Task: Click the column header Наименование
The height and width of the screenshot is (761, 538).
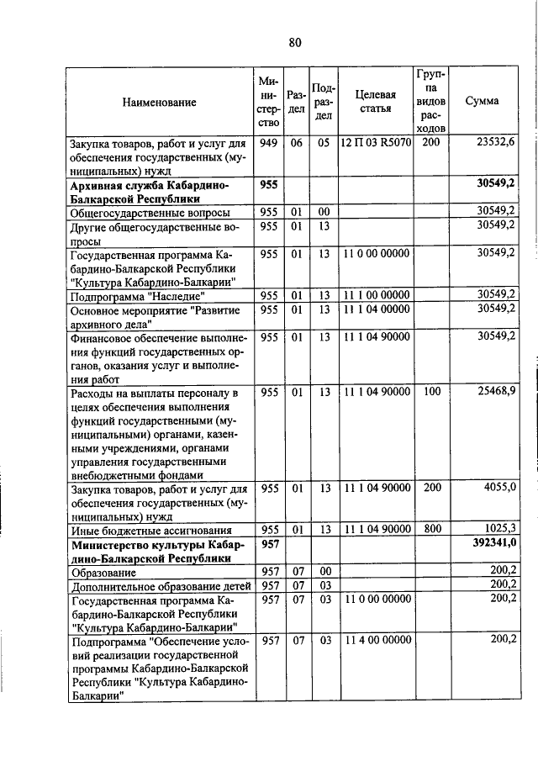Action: coord(159,102)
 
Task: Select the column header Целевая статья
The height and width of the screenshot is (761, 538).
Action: coord(375,102)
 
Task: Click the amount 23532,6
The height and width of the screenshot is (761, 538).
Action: coord(495,143)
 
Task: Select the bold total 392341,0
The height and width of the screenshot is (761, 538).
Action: coord(491,545)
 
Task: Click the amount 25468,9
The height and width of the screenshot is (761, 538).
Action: coord(495,392)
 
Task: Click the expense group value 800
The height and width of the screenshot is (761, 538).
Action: coord(431,529)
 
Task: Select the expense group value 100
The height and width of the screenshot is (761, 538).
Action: coord(431,392)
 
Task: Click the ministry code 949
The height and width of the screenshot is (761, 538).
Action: coord(269,143)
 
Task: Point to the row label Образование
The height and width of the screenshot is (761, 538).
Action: coord(103,572)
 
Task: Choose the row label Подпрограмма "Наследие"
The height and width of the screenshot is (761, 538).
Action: coord(138,296)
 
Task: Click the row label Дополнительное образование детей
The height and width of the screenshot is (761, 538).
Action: coord(159,585)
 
